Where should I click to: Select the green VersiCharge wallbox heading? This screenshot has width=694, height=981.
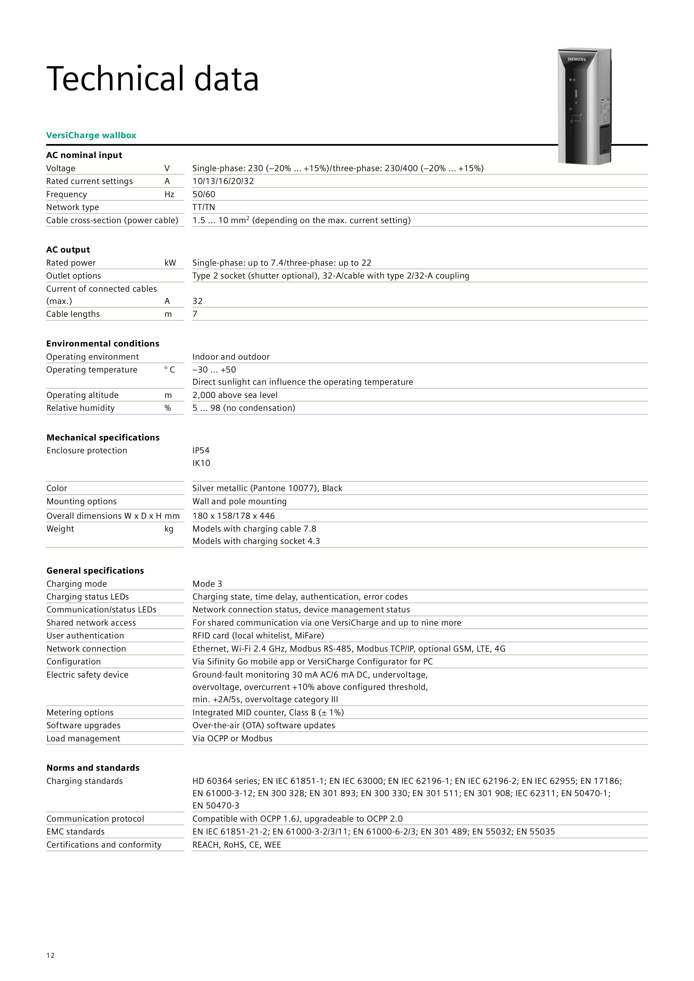click(x=91, y=135)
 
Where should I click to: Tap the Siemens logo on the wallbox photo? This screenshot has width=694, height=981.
click(x=577, y=59)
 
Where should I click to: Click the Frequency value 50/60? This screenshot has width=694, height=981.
click(x=204, y=194)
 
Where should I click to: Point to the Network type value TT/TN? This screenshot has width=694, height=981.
click(x=204, y=207)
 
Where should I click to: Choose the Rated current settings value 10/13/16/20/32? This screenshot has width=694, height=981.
click(x=223, y=181)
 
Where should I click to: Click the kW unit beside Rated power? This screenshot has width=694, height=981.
click(x=170, y=263)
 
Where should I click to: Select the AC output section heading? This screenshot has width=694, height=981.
click(x=68, y=249)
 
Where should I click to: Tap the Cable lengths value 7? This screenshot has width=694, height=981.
click(x=195, y=314)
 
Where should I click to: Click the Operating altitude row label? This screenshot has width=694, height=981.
click(x=83, y=395)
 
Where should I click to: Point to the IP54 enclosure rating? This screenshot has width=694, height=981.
click(x=201, y=450)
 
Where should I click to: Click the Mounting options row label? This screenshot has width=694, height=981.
click(x=81, y=501)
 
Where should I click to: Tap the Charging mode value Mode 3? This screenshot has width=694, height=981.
click(x=207, y=584)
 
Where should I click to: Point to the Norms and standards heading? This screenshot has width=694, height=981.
click(x=93, y=768)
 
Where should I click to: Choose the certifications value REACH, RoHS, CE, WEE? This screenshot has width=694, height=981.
click(x=237, y=845)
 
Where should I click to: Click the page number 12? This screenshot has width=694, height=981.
click(x=50, y=955)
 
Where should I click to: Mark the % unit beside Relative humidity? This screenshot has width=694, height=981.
click(x=168, y=408)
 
